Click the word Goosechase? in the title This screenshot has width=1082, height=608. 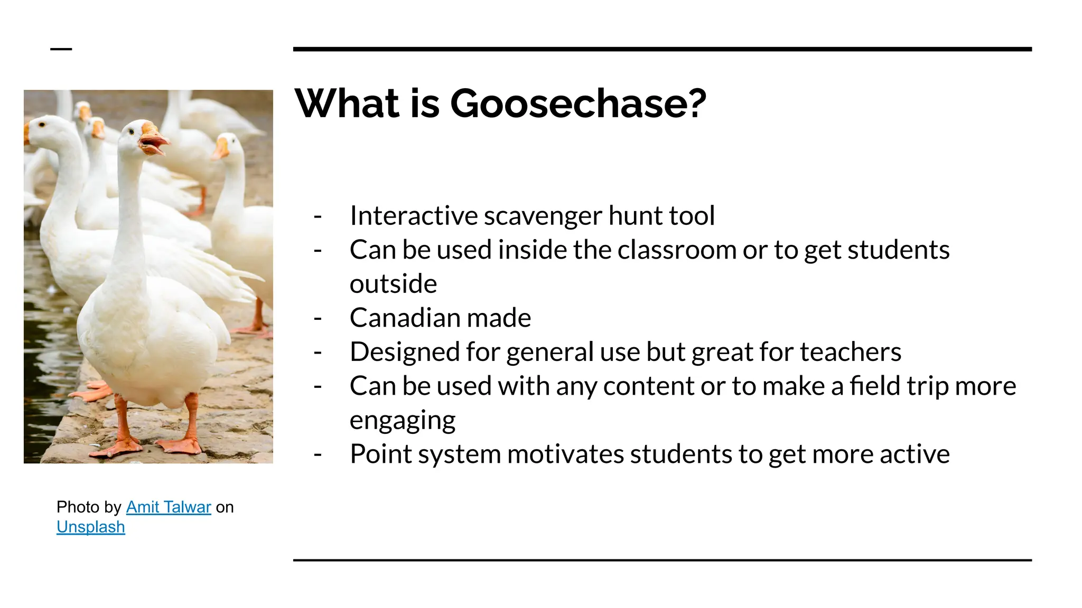[578, 103]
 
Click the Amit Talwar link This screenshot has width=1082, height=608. [169, 507]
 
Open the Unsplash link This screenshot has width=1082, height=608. [91, 527]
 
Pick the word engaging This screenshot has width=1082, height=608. [403, 421]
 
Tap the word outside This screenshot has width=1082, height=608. [393, 284]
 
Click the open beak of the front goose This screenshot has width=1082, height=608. [153, 142]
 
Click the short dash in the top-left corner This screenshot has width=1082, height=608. [61, 49]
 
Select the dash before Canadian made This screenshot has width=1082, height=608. [318, 318]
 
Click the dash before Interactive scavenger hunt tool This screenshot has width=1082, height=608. [318, 216]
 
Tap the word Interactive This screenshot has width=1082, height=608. [414, 216]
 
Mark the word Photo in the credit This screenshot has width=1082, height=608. [78, 507]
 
